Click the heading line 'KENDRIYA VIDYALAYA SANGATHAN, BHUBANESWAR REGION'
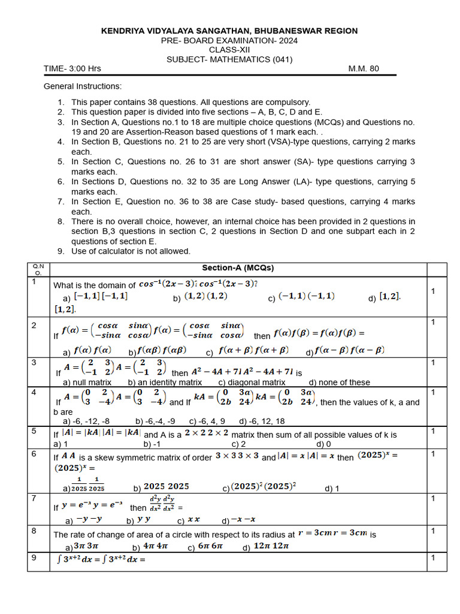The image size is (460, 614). (x=229, y=31)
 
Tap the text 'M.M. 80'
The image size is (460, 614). (x=364, y=68)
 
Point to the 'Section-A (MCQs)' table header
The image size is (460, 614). (x=238, y=268)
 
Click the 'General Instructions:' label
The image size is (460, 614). (x=83, y=86)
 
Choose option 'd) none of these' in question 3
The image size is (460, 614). (x=340, y=383)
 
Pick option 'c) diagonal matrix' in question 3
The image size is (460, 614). (x=252, y=383)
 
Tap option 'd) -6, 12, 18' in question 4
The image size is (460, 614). (x=262, y=422)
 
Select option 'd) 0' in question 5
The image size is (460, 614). (x=323, y=444)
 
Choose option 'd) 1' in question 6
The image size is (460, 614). (x=332, y=489)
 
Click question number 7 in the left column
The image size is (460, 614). (x=35, y=498)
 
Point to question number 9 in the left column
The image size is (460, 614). (x=35, y=558)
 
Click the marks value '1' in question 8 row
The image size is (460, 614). (x=432, y=531)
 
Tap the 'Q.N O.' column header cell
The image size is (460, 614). (x=38, y=269)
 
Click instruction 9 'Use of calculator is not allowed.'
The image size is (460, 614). (x=131, y=251)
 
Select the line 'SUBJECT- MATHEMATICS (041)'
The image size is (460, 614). (x=229, y=59)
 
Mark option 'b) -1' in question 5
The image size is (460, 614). (x=152, y=444)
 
